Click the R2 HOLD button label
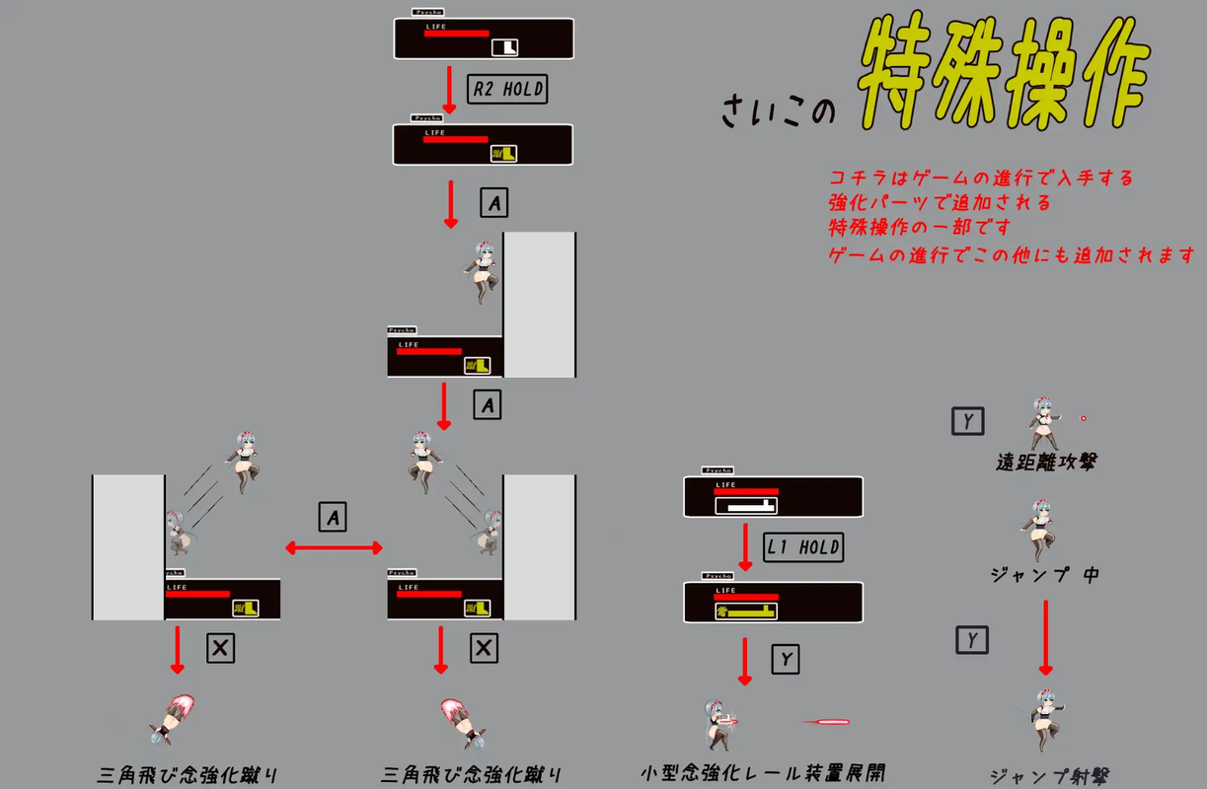[508, 89]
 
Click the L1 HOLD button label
[804, 547]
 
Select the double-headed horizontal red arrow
[334, 547]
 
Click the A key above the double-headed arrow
[333, 517]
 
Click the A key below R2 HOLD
[494, 203]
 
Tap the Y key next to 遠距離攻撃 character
[967, 422]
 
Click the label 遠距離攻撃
[1045, 463]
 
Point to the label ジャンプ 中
[1044, 574]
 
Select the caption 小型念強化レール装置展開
[762, 773]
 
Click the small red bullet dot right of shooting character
[1083, 418]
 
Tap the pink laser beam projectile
[827, 722]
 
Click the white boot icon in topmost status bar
[504, 46]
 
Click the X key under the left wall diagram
[220, 648]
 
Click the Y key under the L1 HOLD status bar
[785, 659]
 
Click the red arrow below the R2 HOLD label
[450, 91]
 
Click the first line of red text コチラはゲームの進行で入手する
[981, 179]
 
